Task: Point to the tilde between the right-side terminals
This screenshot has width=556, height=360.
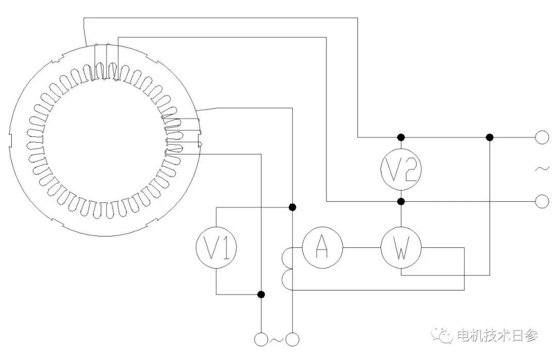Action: pos(542,169)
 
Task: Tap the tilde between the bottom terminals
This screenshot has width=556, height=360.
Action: pos(276,340)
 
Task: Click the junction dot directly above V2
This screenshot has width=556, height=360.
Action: pos(401,138)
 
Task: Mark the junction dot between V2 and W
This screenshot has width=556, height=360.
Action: pos(401,201)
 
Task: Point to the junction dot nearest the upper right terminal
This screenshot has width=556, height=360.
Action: pos(490,138)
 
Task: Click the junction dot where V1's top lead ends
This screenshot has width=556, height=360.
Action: pos(292,207)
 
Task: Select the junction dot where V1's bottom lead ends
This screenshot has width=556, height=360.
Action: pos(261,294)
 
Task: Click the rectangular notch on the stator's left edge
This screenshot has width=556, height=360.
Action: pos(10,140)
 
